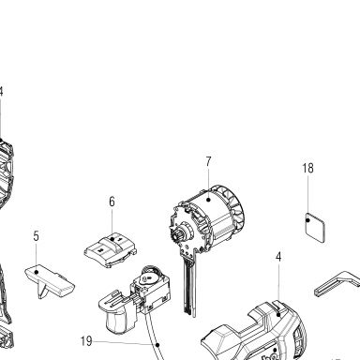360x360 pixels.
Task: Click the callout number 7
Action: click(x=208, y=161)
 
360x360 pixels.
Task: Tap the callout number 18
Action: click(x=307, y=168)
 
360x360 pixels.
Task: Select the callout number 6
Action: click(x=112, y=202)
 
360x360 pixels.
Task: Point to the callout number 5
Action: click(x=37, y=236)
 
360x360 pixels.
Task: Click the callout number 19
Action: click(x=86, y=341)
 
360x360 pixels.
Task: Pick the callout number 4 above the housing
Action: click(x=278, y=257)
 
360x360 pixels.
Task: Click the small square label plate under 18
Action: click(x=315, y=227)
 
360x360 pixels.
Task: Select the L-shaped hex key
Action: click(x=337, y=283)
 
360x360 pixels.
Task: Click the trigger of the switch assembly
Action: click(x=114, y=322)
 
